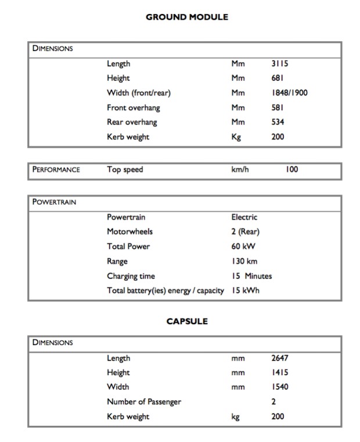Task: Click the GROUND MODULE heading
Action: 187,17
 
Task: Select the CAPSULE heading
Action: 187,321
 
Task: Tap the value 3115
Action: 279,64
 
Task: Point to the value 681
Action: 277,78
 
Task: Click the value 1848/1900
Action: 289,93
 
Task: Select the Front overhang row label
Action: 133,107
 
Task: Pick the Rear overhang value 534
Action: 278,122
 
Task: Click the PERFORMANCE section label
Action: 56,170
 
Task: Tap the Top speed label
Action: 124,170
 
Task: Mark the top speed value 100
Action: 291,170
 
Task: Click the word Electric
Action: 244,217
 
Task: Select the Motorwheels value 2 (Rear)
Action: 245,231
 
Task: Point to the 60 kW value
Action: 243,247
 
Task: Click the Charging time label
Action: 131,276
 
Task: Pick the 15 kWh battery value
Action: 245,290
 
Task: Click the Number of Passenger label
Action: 144,401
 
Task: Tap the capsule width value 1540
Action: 279,387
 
